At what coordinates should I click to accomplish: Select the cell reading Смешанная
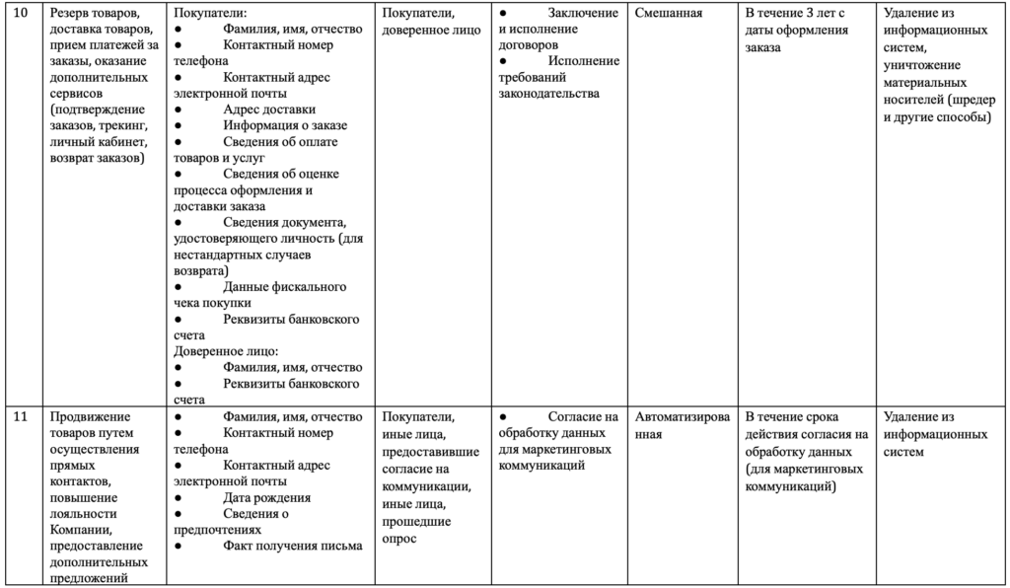coord(669,14)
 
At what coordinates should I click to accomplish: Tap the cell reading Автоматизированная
coord(683,425)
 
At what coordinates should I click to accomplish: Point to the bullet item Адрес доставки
coord(269,110)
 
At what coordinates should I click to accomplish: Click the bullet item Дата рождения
coord(267,497)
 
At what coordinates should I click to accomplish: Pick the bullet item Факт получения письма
coord(293,546)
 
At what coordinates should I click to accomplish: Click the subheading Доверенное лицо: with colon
coord(226,351)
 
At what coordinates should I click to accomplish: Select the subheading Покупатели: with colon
coord(210,14)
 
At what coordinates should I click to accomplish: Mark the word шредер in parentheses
coord(972,100)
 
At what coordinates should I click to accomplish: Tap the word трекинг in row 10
coord(123,125)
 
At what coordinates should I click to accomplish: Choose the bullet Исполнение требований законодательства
coord(558,77)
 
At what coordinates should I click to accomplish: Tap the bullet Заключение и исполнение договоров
coord(558,29)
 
